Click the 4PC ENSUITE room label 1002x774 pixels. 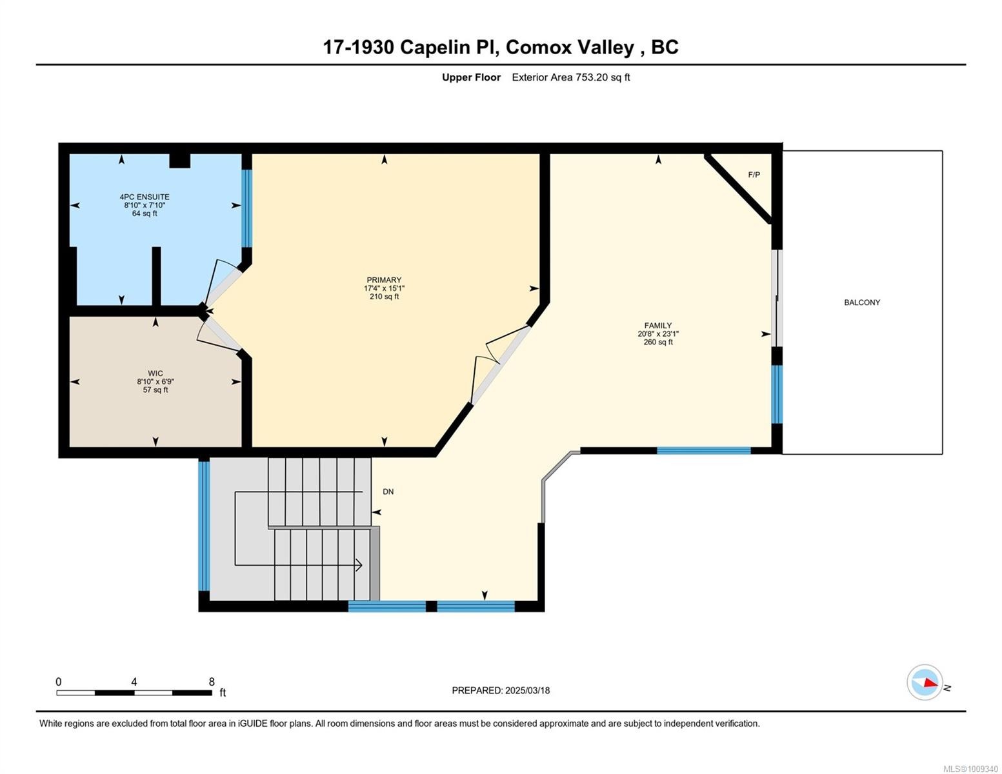pyautogui.click(x=145, y=197)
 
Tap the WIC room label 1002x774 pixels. pyautogui.click(x=155, y=373)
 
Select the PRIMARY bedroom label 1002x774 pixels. pyautogui.click(x=384, y=280)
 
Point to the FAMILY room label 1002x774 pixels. pyautogui.click(x=657, y=326)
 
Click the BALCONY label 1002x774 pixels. pyautogui.click(x=861, y=303)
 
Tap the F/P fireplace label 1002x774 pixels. pyautogui.click(x=754, y=175)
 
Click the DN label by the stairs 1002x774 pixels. pyautogui.click(x=388, y=491)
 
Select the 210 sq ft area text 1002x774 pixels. pyautogui.click(x=384, y=297)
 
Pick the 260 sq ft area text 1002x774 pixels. pyautogui.click(x=657, y=342)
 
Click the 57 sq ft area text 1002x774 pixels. pyautogui.click(x=155, y=390)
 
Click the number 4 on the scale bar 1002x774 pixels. pyautogui.click(x=134, y=682)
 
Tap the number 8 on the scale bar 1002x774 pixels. pyautogui.click(x=212, y=682)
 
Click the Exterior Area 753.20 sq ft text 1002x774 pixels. pyautogui.click(x=570, y=77)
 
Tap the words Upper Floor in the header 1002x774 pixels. pyautogui.click(x=471, y=77)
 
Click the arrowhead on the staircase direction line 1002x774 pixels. pyautogui.click(x=359, y=566)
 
